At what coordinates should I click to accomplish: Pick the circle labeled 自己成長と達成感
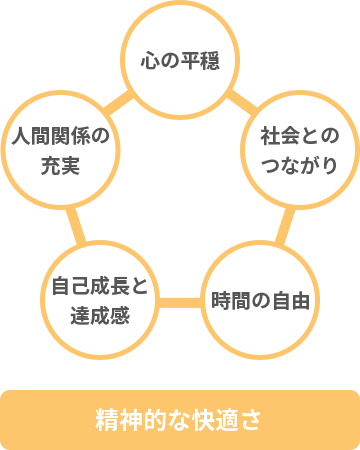coord(100,301)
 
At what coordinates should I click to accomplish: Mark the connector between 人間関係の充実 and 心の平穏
coord(118,99)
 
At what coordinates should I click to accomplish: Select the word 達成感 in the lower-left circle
coord(100,315)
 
